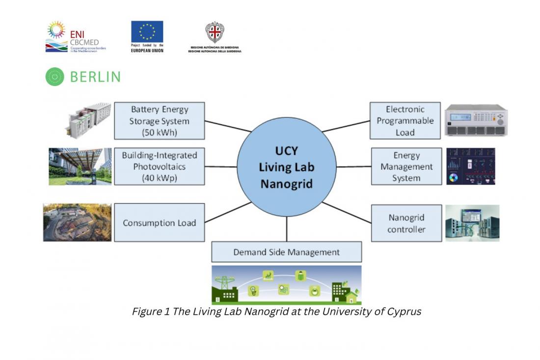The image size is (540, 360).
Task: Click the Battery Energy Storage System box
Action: [159, 121]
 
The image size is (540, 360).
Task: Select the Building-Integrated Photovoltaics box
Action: [159, 166]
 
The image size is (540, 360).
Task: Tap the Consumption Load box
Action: [159, 222]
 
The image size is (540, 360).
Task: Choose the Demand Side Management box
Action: [286, 252]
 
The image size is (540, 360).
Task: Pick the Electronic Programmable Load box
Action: [405, 121]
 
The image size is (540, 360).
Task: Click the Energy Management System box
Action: [406, 166]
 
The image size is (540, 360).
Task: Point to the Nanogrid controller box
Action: [406, 223]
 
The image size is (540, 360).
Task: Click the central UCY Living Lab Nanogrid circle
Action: [287, 166]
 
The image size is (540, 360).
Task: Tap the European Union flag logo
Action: [147, 32]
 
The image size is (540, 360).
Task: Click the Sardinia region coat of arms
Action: [215, 32]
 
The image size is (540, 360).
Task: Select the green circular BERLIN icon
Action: [55, 77]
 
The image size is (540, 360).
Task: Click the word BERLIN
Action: [95, 77]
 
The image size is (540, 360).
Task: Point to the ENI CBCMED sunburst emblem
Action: [56, 30]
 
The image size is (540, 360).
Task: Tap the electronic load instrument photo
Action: [476, 119]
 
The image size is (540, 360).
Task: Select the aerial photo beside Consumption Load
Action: [77, 222]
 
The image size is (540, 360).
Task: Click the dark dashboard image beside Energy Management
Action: [470, 166]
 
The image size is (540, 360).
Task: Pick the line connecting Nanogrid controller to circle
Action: [347, 213]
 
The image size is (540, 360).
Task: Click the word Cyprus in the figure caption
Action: [404, 311]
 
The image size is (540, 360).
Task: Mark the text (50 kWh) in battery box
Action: [159, 132]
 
